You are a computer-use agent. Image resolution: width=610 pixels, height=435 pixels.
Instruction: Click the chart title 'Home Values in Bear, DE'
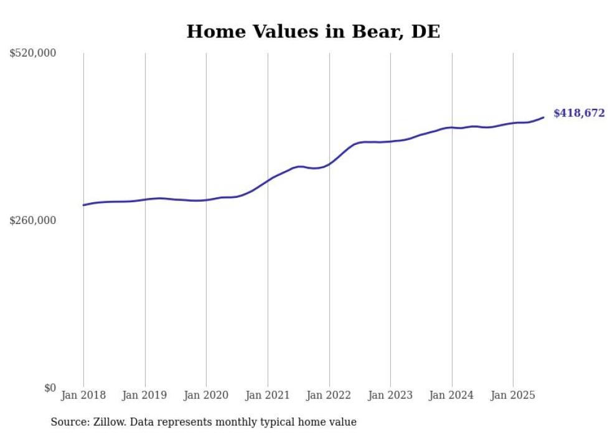[313, 32]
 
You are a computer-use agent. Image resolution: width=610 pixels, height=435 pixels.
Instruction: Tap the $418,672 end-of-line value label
[579, 113]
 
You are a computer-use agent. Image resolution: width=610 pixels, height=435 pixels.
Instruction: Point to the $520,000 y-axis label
[33, 54]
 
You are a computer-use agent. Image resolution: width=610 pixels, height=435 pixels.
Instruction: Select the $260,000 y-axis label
[33, 220]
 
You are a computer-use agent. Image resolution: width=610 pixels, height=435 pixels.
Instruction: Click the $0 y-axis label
[50, 388]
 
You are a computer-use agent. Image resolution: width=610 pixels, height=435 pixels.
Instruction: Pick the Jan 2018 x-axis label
[83, 395]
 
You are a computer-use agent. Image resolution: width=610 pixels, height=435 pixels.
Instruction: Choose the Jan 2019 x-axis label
[145, 395]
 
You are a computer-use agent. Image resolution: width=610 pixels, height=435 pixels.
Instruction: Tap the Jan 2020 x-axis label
[206, 395]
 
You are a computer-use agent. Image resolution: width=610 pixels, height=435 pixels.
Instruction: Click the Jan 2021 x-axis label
[268, 395]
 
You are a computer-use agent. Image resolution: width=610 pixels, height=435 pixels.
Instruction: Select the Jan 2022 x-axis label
[329, 395]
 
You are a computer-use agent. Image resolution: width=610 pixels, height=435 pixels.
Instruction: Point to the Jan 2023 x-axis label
[390, 395]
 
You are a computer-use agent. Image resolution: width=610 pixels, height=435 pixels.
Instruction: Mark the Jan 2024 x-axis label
[451, 395]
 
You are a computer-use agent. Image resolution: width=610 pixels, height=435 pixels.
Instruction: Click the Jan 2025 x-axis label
[513, 395]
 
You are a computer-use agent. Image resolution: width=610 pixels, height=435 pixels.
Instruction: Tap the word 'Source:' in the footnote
[69, 422]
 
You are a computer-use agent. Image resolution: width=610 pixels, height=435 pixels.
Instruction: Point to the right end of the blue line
[543, 117]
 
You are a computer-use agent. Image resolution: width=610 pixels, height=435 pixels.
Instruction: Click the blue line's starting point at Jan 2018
[83, 205]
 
